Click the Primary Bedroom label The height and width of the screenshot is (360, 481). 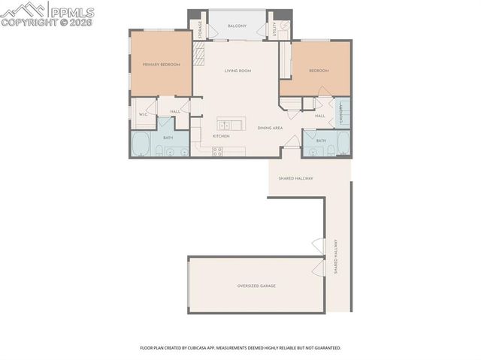click(x=162, y=65)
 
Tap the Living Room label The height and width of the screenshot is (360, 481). click(x=237, y=71)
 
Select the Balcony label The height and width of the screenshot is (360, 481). click(x=237, y=26)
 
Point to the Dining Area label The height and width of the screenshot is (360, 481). click(x=270, y=129)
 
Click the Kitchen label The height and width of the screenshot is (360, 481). click(x=220, y=136)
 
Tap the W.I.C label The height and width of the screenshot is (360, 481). click(x=142, y=114)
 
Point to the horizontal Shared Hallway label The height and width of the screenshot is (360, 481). click(x=295, y=178)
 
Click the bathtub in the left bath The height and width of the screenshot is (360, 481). click(x=141, y=144)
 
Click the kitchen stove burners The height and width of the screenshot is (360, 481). click(x=218, y=151)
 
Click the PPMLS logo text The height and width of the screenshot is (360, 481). click(x=73, y=11)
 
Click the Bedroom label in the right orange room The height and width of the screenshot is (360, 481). click(x=319, y=71)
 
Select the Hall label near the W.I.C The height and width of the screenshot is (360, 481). click(x=174, y=111)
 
